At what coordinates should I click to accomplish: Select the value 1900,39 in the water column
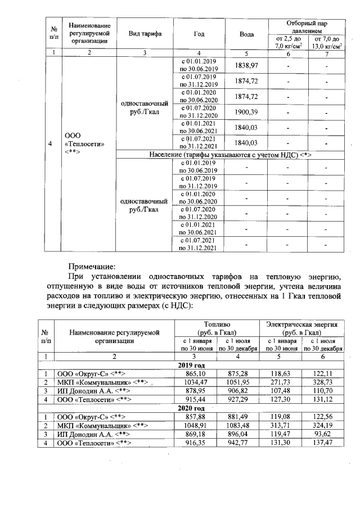pos(246,112)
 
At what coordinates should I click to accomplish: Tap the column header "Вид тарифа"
pos(145,34)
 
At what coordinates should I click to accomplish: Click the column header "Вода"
pos(246,34)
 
